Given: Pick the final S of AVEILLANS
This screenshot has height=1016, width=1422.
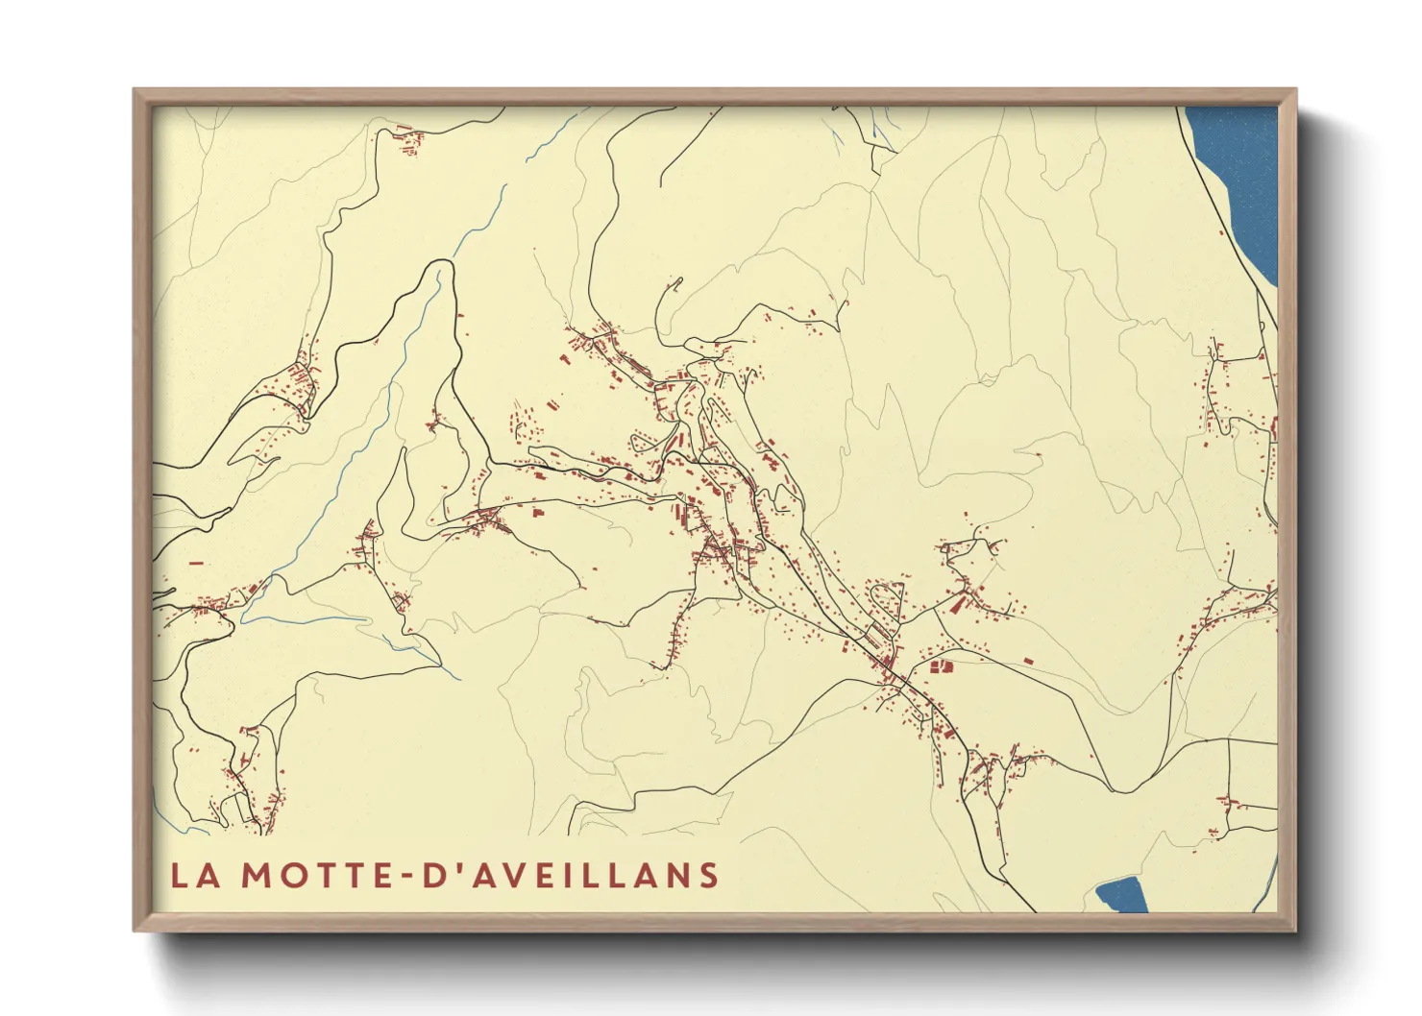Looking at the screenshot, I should click(x=709, y=876).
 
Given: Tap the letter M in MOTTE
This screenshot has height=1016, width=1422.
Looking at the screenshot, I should click(x=255, y=876).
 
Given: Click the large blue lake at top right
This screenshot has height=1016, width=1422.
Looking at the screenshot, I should click(x=1239, y=182).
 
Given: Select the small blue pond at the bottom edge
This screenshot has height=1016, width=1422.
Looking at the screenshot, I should click(x=1122, y=895).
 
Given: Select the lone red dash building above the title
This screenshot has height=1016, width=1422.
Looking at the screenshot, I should click(x=197, y=563).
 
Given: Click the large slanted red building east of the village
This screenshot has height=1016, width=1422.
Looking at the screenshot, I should click(x=957, y=604).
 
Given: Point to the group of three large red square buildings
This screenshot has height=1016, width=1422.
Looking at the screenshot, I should click(x=940, y=665).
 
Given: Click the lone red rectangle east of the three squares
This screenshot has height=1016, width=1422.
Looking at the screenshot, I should click(x=1027, y=662).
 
